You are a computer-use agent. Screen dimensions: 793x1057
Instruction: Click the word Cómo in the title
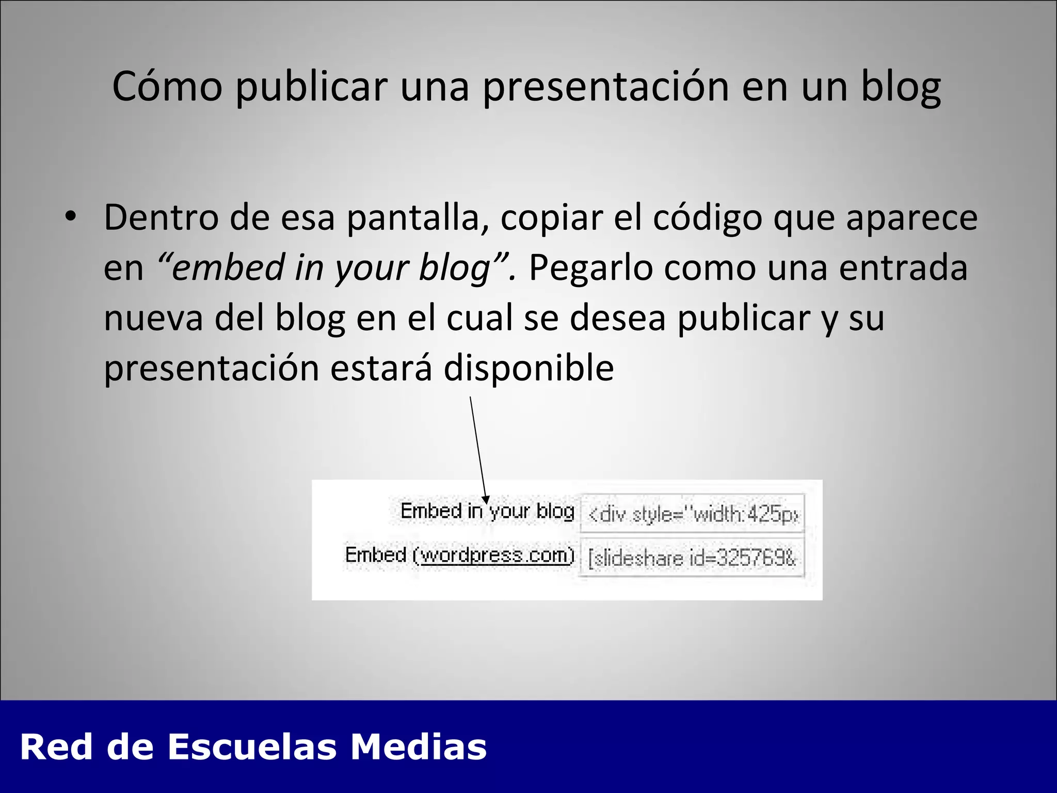167,87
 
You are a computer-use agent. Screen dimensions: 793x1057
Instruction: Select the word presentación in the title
606,87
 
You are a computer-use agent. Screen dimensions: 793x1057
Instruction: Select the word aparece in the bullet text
911,217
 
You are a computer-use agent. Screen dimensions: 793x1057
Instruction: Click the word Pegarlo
590,267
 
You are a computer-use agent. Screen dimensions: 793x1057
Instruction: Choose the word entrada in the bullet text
903,267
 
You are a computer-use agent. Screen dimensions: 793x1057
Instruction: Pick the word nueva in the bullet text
153,318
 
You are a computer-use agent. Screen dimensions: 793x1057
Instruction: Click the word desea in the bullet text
617,318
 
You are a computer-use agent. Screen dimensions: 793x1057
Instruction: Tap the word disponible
528,368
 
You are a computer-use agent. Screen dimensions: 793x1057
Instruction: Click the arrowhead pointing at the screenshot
485,499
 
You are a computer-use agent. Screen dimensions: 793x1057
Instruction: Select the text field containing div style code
693,514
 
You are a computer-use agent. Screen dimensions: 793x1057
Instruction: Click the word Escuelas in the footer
252,747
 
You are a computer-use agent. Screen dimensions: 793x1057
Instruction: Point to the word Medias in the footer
419,747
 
